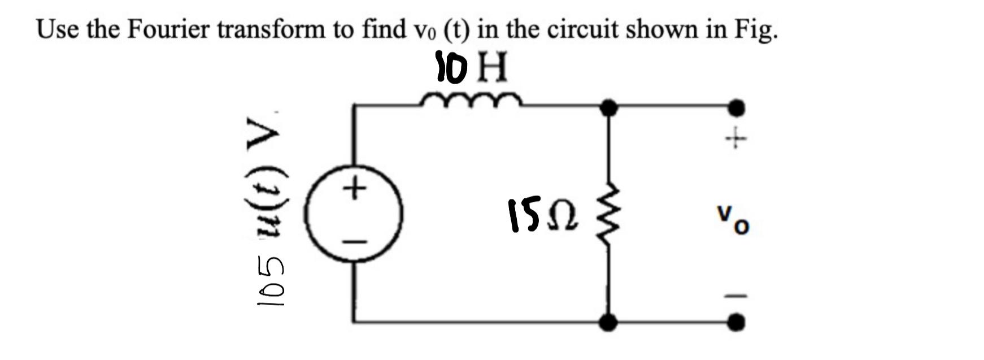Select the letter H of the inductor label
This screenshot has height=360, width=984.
(493, 67)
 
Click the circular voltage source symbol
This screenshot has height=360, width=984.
(354, 214)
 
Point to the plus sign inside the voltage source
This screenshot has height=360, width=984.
(355, 188)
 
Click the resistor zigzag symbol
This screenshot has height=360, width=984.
(608, 215)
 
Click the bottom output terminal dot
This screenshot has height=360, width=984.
(735, 322)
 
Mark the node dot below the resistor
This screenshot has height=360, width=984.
(608, 322)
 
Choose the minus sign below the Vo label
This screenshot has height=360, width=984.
(735, 295)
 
